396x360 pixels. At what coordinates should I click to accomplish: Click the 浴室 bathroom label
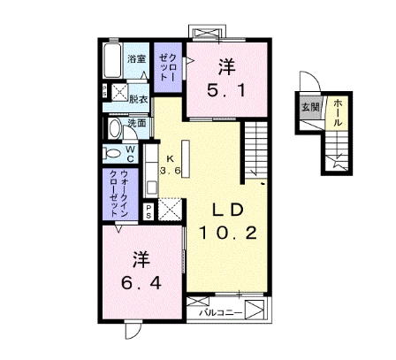point(137,59)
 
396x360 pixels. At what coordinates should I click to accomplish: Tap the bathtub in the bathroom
point(112,61)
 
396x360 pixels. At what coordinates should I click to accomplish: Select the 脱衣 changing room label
point(138,100)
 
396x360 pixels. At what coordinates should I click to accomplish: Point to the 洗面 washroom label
point(137,123)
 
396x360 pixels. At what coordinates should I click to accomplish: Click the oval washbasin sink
point(115,129)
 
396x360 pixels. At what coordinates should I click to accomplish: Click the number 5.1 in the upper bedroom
point(226,90)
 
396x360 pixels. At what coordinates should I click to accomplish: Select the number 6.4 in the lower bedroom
point(141,284)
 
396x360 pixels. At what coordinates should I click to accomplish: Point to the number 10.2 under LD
point(228,234)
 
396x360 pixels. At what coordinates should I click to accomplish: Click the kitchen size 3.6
point(171,171)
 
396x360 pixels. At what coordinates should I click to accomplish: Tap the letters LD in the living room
point(228,210)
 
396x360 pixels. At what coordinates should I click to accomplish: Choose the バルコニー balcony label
point(220,313)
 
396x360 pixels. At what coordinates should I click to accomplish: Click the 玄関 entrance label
point(310,107)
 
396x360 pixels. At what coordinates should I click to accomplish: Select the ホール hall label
point(338,113)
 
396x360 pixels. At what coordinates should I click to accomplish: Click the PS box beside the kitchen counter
point(148,211)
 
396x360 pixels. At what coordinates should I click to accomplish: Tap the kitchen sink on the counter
point(151,188)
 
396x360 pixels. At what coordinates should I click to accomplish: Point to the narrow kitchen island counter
point(186,159)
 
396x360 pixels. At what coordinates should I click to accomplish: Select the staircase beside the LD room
point(256,149)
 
